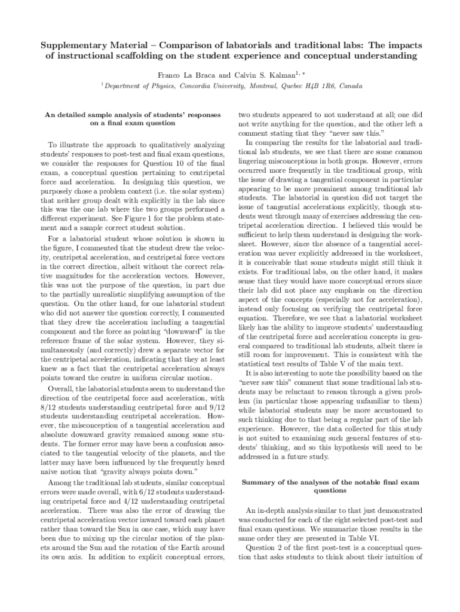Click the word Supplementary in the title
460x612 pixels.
(x=67, y=45)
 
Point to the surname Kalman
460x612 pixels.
(x=280, y=75)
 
